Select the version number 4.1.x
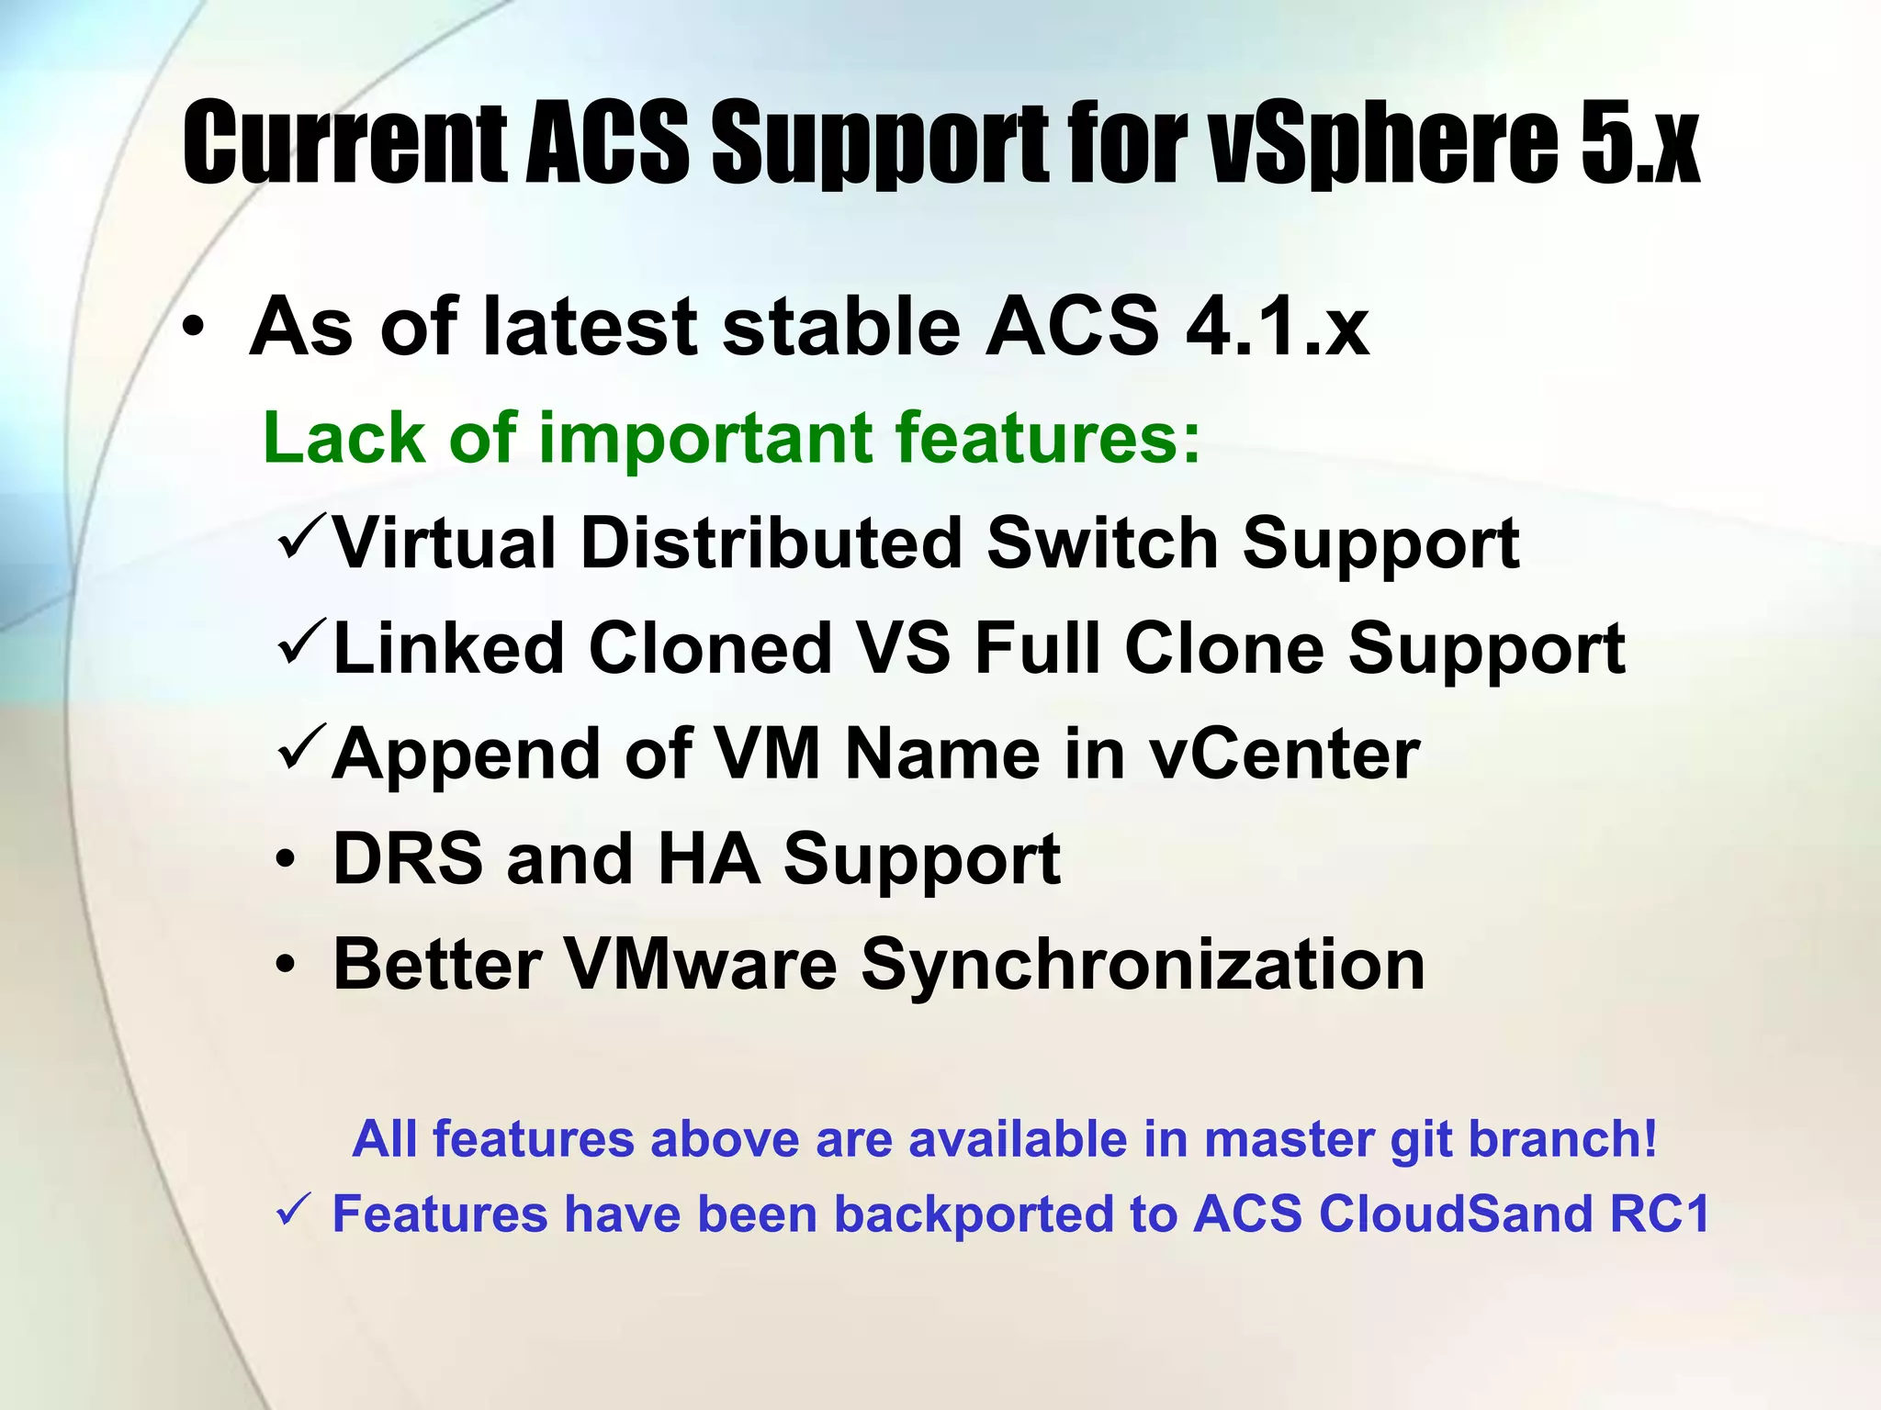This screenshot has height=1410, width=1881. (1277, 327)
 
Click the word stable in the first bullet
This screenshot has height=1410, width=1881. (840, 327)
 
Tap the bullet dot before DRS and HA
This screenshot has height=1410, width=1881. (287, 861)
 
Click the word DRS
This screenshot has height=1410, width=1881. (408, 859)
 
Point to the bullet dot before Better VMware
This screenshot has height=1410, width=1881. (287, 966)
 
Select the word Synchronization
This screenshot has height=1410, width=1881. (1143, 965)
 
